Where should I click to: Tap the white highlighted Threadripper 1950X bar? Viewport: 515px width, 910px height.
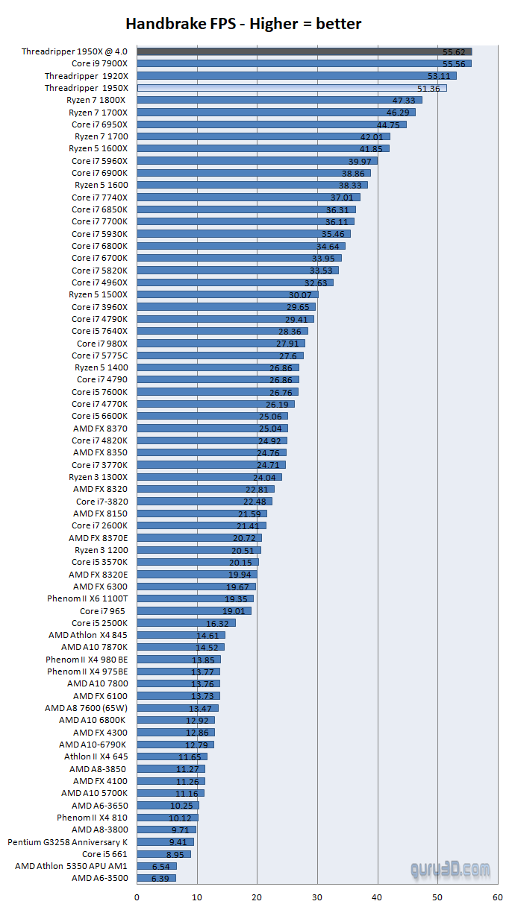[x=292, y=88]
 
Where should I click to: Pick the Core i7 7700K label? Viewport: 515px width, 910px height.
[x=99, y=221]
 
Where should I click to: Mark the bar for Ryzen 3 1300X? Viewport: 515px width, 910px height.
[x=209, y=477]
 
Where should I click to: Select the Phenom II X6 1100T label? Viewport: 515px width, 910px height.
[x=87, y=598]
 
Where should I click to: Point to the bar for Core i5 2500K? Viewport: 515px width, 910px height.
[x=186, y=623]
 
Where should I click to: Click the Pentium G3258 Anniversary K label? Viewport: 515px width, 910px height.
[x=68, y=842]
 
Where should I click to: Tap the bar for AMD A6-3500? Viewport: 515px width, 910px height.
[x=156, y=878]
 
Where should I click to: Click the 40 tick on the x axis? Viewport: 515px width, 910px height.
[x=378, y=897]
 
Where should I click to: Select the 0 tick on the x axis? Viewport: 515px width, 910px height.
[x=137, y=897]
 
